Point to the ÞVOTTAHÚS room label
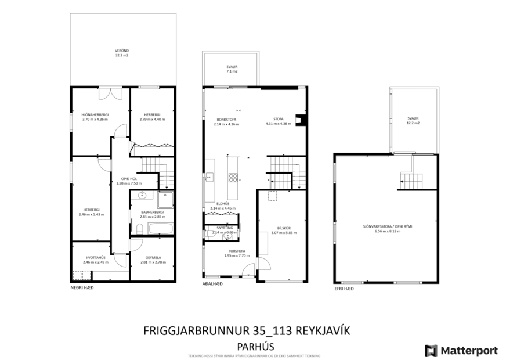(95, 260)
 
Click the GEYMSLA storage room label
(152, 260)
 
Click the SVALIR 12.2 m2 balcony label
(413, 120)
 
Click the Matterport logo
(461, 350)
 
